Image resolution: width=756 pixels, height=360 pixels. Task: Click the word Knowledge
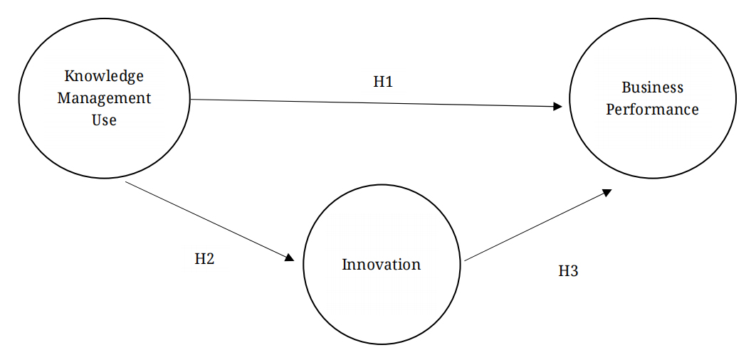[104, 75]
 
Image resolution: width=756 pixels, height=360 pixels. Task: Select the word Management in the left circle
[104, 98]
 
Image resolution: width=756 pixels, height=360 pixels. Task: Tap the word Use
[104, 120]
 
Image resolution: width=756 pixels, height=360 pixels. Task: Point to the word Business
[652, 88]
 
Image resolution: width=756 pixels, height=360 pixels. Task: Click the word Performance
[652, 110]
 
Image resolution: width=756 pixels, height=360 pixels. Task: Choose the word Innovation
[381, 265]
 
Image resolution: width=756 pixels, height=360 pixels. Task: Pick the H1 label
[383, 82]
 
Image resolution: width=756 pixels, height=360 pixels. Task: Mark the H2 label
[204, 259]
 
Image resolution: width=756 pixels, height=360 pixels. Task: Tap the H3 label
[567, 271]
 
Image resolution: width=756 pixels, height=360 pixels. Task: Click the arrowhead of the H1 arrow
[558, 107]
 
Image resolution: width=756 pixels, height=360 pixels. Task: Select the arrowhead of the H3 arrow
[607, 191]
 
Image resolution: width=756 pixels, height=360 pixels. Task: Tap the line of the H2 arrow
[206, 220]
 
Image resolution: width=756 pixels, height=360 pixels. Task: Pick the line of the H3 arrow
[534, 226]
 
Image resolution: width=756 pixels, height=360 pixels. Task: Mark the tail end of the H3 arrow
[466, 260]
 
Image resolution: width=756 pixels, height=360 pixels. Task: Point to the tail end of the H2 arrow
[125, 181]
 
